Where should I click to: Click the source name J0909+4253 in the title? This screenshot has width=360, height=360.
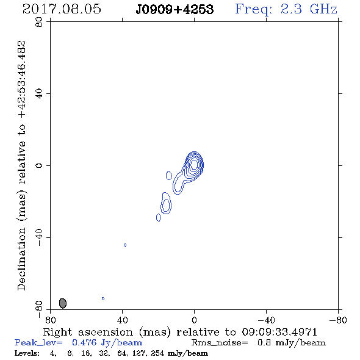(175, 10)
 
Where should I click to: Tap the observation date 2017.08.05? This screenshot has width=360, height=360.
(62, 9)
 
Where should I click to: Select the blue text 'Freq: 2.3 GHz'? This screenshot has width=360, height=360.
(286, 10)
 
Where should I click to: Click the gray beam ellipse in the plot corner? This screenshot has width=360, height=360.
(63, 303)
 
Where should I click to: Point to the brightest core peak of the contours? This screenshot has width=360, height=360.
(194, 164)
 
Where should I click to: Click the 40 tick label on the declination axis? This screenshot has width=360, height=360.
(39, 94)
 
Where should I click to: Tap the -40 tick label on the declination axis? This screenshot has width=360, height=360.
(39, 237)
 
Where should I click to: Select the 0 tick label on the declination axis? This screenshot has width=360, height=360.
(39, 165)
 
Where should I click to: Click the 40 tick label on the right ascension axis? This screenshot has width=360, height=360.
(123, 320)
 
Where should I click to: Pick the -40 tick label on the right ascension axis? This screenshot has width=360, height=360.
(266, 320)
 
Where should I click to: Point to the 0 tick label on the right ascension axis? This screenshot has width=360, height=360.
(194, 320)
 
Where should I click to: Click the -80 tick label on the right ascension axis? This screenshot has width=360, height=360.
(338, 320)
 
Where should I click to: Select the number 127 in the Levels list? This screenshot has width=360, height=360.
(139, 353)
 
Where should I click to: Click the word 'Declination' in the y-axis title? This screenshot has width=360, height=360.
(21, 259)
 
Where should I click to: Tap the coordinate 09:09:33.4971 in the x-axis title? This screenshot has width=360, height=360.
(279, 332)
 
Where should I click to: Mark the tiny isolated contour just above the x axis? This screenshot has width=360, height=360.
(103, 298)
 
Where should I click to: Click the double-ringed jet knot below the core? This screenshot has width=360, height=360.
(166, 203)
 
